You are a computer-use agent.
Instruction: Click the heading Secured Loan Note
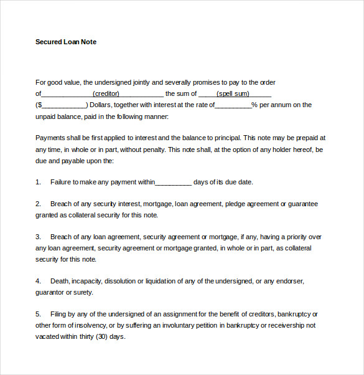66,42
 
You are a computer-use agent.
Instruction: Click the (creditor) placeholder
106,93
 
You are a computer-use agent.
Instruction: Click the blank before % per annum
233,105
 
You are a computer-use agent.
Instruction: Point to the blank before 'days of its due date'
173,183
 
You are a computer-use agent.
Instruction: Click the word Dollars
101,105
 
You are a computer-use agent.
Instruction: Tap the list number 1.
38,182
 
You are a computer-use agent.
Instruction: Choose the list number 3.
38,237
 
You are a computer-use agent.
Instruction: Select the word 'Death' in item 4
60,281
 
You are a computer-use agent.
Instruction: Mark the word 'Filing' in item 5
59,314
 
